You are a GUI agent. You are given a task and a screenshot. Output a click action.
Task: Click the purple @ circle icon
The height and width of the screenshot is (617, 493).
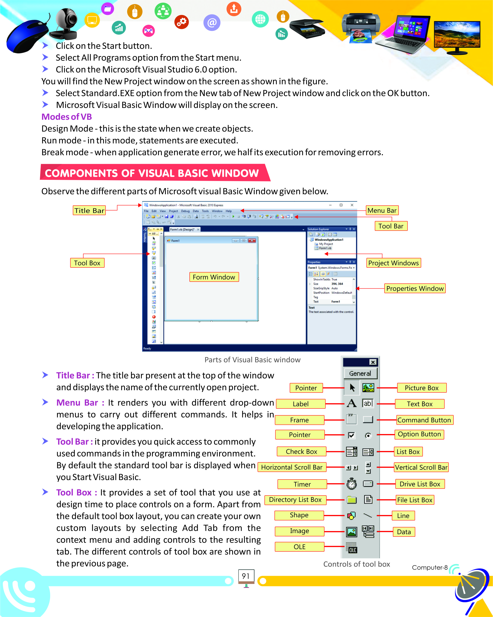[x=212, y=23]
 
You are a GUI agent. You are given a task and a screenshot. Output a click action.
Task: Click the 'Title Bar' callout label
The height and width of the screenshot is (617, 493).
[x=89, y=211]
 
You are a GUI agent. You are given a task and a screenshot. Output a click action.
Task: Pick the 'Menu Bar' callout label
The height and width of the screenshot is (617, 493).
[x=382, y=211]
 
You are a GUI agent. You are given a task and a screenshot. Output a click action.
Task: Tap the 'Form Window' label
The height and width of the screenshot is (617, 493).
[x=214, y=277]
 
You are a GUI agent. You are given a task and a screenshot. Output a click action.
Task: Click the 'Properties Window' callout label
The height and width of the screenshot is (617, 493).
[x=415, y=289]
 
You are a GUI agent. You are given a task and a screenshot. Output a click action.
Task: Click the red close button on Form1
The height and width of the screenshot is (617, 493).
[x=252, y=241]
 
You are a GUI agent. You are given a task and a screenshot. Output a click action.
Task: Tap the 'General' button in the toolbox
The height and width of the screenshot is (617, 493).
[x=360, y=373]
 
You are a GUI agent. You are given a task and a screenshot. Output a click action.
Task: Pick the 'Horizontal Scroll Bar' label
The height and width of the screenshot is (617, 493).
[x=292, y=467]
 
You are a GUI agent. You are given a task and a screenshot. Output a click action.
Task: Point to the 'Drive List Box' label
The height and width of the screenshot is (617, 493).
[x=420, y=484]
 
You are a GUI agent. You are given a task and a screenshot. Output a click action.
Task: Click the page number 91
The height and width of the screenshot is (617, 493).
[x=246, y=576]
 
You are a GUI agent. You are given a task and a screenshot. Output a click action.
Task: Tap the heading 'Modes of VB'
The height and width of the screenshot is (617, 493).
[x=66, y=117]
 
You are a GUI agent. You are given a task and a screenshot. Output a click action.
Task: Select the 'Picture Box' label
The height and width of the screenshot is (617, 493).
[x=421, y=388]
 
